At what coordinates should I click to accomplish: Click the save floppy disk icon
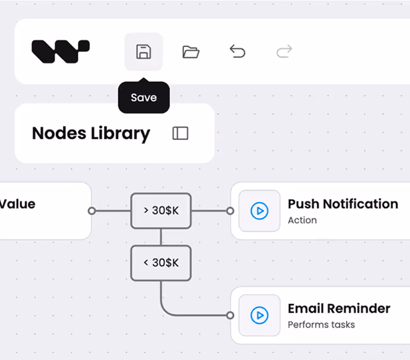143,51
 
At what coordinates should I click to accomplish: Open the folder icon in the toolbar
190,51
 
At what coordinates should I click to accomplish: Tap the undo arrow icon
238,51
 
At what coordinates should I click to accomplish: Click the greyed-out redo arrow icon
284,51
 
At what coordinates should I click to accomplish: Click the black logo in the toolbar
61,51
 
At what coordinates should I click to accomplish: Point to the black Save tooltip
144,97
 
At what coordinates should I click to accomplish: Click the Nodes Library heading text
91,133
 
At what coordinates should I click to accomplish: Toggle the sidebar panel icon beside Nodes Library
181,133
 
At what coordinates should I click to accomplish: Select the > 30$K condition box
161,211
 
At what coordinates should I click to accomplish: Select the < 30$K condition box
161,263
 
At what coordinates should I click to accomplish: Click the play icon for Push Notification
259,211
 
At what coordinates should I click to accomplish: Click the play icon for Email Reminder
259,315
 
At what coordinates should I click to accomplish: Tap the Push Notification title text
343,204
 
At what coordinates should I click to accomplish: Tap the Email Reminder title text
339,309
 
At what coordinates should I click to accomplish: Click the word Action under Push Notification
302,220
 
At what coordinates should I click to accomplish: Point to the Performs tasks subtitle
321,324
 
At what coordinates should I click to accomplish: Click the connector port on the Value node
92,211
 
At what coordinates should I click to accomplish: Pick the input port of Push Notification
230,211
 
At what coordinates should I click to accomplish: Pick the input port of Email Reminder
230,315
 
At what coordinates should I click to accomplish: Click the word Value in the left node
17,204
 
